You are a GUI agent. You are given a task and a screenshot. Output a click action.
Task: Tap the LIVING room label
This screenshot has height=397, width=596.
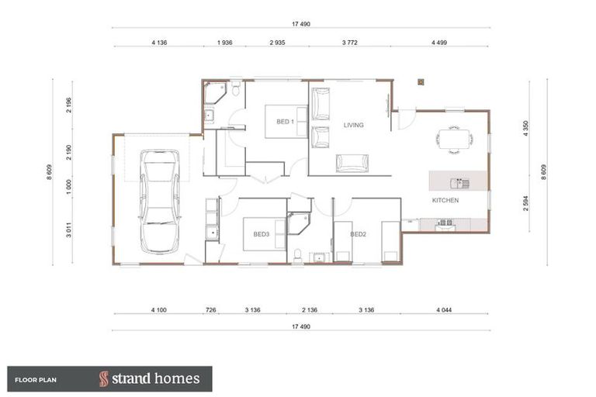pos(354,124)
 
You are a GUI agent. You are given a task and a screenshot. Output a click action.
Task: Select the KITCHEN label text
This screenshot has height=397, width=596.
pos(445,200)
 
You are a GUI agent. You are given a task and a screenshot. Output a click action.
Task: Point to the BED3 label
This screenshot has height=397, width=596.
pos(261,233)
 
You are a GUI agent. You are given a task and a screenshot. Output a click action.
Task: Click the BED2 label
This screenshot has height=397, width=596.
pos(358,233)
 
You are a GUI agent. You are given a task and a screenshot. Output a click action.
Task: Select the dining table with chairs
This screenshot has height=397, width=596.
pos(454,138)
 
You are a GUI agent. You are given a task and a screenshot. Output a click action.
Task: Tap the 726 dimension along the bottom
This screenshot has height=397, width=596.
pos(210,310)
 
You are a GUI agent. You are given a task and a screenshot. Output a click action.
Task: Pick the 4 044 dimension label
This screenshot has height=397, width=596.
pos(443,310)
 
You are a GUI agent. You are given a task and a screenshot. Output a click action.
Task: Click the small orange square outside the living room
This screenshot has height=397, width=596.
pos(420,80)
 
